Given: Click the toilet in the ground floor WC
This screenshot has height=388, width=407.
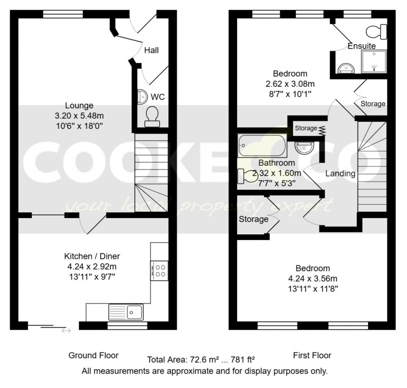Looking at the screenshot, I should click(x=152, y=116).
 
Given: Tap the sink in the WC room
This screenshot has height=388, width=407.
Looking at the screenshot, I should click(x=142, y=97).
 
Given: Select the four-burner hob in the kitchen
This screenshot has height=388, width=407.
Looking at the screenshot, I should click(x=160, y=271).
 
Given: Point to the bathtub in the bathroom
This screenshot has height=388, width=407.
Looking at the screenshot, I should click(x=262, y=146).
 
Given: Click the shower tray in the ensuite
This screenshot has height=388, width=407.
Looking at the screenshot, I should click(x=374, y=61).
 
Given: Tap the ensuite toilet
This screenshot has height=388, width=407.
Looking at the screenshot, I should click(x=377, y=32).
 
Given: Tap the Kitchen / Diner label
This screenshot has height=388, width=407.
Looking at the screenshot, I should click(x=92, y=256).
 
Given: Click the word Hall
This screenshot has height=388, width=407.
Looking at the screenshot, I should click(x=152, y=50).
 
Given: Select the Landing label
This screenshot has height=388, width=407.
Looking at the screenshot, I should click(x=340, y=174).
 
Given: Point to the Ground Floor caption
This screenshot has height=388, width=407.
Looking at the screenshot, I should click(x=93, y=355).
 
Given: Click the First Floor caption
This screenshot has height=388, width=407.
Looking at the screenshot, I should click(x=312, y=355).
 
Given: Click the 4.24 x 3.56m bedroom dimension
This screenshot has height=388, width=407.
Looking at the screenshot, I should click(x=313, y=278).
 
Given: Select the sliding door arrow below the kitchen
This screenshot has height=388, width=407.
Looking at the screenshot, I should click(x=66, y=331).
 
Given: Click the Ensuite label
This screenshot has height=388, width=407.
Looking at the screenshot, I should click(x=362, y=46).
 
